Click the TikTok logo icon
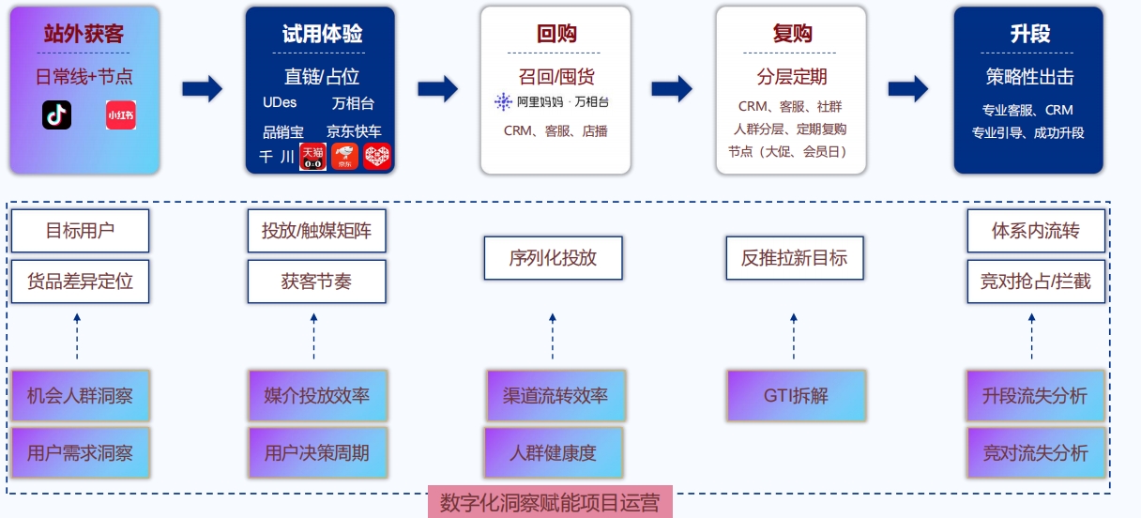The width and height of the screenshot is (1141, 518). pos(56,114)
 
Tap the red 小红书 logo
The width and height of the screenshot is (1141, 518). pos(121,114)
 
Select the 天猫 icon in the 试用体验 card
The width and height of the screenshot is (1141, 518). pos(312,157)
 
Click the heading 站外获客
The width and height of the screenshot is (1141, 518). pos(84,34)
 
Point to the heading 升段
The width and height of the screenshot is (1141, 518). pos(1029,34)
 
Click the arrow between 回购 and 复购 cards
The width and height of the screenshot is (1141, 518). pos(672,88)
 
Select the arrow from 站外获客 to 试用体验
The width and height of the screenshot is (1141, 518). pos(203,88)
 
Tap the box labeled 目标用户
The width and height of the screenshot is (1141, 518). pos(80,231)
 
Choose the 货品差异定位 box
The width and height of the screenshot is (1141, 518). pos(80,282)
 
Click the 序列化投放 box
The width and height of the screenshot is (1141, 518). pos(554,258)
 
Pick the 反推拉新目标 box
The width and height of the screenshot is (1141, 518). pos(795,258)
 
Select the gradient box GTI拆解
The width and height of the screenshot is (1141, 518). pos(796,396)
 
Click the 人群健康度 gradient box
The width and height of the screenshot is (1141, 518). pos(554,453)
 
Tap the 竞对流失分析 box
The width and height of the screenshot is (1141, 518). pos(1036,453)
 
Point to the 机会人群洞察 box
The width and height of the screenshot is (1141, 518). pos(80,396)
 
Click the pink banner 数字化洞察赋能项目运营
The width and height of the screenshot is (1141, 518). pos(550,502)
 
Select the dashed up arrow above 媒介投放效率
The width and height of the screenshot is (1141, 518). pos(313,337)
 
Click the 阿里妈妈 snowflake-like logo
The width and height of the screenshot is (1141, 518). pos(503,102)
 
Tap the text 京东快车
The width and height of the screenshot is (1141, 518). pos(354,131)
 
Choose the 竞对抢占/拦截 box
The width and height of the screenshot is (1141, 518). pos(1036,282)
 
